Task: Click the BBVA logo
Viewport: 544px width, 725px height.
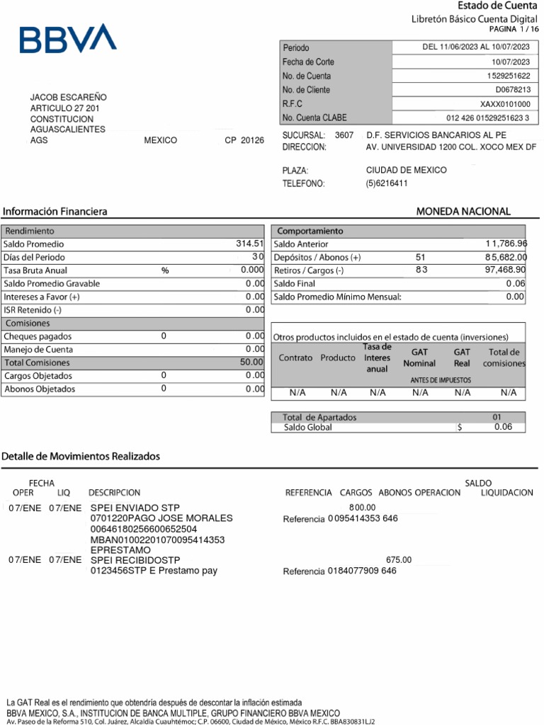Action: tap(68, 39)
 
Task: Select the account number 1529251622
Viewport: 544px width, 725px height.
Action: tap(508, 76)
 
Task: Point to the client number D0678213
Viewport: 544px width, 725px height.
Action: tap(513, 90)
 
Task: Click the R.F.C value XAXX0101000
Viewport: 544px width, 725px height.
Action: tap(505, 104)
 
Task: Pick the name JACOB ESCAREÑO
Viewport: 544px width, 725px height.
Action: tap(69, 97)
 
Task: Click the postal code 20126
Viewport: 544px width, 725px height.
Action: tap(252, 140)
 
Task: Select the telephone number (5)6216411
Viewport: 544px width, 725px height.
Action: tap(387, 183)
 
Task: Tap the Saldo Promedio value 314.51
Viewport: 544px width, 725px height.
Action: tap(249, 244)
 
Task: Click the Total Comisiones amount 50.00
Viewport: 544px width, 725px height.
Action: tap(251, 362)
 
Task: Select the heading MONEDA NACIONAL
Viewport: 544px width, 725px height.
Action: tap(463, 212)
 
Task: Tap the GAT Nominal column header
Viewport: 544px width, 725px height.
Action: tap(419, 358)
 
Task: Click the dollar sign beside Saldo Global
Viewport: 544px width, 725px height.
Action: tap(460, 428)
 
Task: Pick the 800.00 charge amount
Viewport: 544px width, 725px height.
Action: tap(362, 508)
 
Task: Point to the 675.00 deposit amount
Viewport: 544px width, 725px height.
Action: tap(398, 559)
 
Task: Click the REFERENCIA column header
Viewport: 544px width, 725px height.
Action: tap(308, 493)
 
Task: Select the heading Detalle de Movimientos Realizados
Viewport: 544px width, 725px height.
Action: tap(81, 457)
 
